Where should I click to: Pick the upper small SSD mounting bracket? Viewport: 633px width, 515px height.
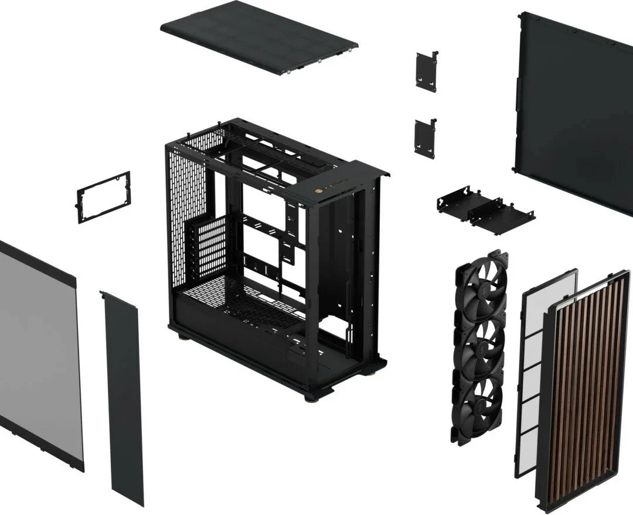click(x=426, y=71)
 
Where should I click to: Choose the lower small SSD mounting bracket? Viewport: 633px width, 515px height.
click(x=424, y=138)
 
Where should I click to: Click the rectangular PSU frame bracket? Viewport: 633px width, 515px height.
click(x=103, y=197)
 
